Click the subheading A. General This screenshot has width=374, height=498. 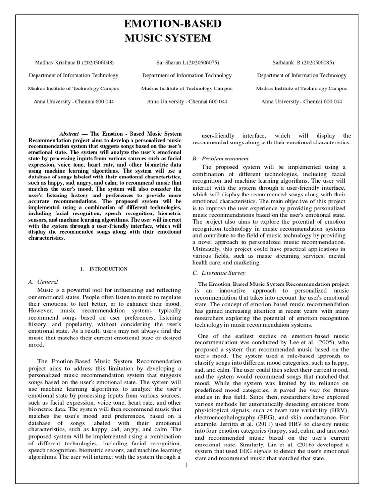tap(44, 282)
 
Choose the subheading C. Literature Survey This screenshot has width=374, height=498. tap(220, 273)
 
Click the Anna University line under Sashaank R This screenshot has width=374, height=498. tap(301, 102)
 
